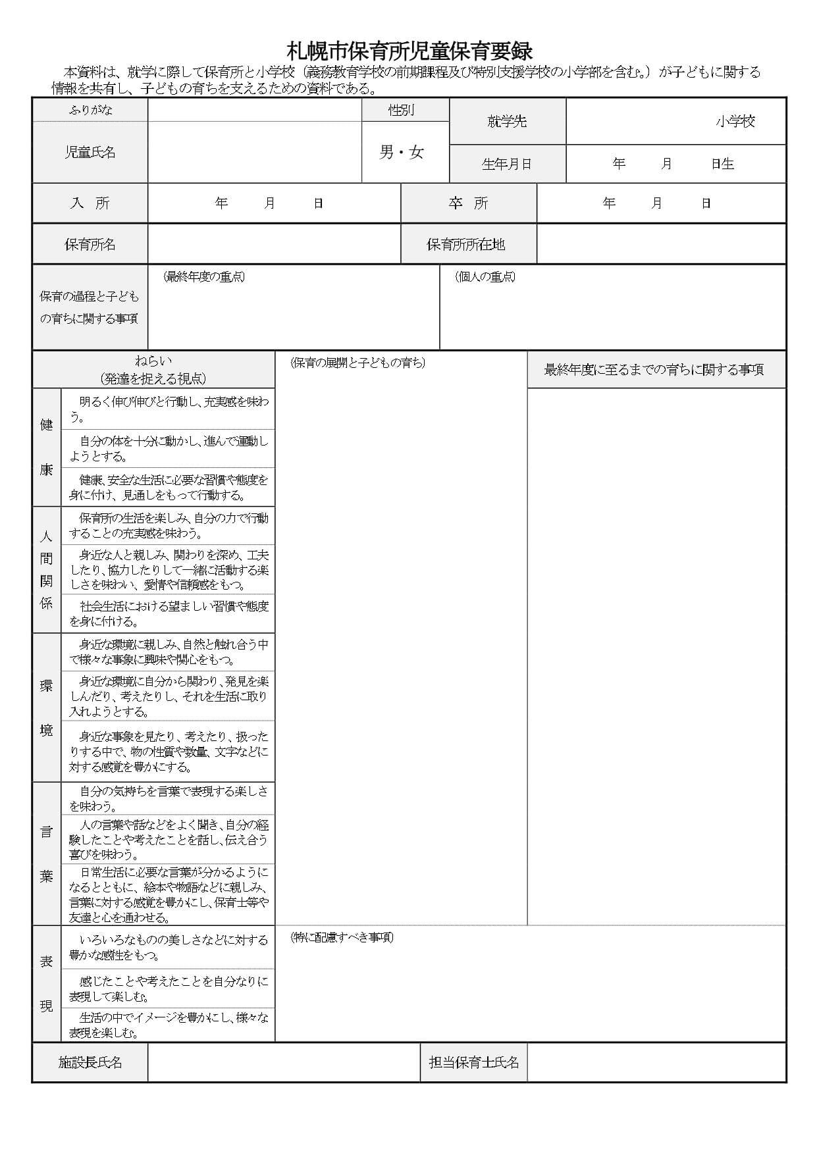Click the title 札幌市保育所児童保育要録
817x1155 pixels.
click(409, 51)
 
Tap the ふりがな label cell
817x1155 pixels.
click(90, 110)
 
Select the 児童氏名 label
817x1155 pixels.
click(90, 152)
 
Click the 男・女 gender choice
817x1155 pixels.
click(402, 153)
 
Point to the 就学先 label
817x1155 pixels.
click(507, 121)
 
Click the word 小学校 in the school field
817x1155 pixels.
click(735, 121)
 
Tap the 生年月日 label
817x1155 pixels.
click(507, 164)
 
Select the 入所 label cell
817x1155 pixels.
click(90, 203)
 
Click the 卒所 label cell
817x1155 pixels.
click(469, 203)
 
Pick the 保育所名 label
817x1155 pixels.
click(90, 244)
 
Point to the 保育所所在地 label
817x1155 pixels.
click(466, 244)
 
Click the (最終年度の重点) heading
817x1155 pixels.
click(204, 276)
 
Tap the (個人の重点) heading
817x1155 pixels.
click(485, 276)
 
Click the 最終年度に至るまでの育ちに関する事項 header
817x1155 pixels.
click(654, 369)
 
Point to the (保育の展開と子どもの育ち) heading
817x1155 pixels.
click(358, 363)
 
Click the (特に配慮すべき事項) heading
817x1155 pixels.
click(342, 937)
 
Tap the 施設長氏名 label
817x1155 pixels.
click(90, 1062)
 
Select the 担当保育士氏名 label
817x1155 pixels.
click(474, 1062)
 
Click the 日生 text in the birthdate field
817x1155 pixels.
click(722, 164)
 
